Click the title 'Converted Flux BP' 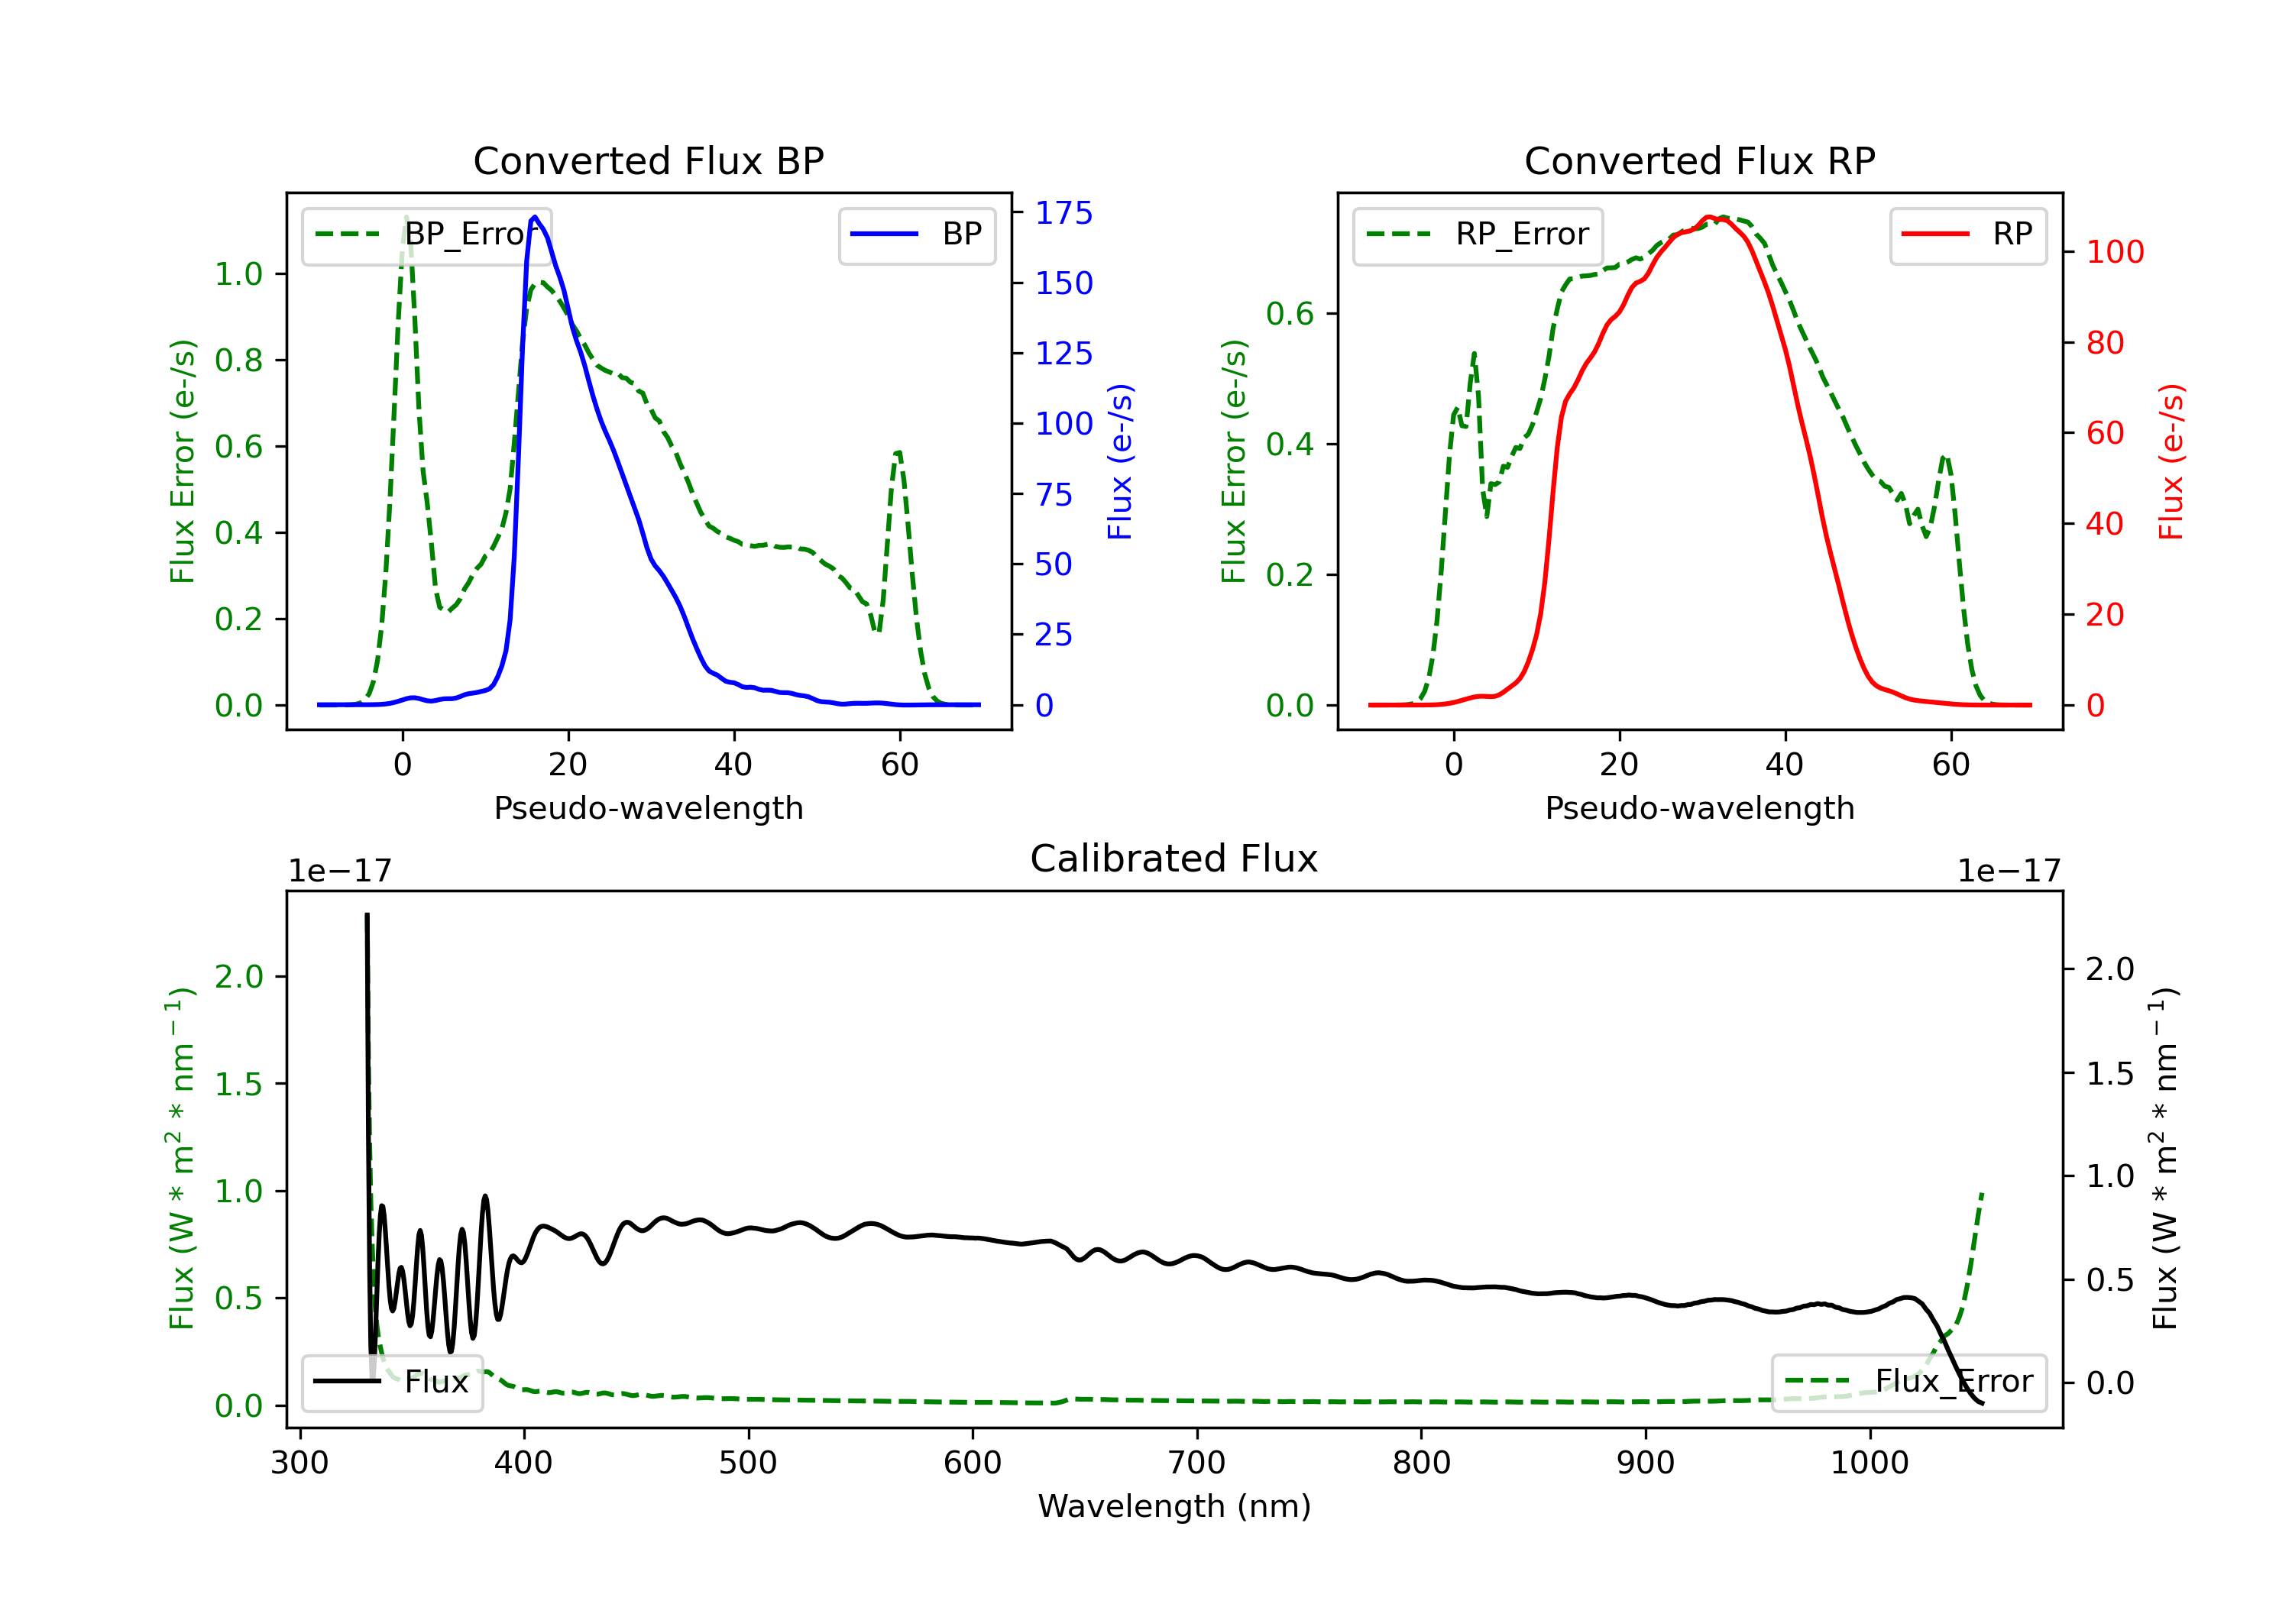click(x=648, y=160)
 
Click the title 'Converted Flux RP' click(x=1699, y=160)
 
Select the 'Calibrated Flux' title click(x=1174, y=859)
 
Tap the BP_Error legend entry click(x=426, y=234)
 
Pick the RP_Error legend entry click(x=1478, y=234)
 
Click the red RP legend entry click(x=1967, y=234)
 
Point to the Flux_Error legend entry click(x=1908, y=1382)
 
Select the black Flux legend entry click(x=391, y=1382)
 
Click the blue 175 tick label click(x=1064, y=212)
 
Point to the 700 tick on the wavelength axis click(x=1197, y=1462)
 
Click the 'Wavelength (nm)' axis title click(x=1174, y=1506)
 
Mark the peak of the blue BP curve click(x=535, y=217)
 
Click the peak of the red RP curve click(x=1708, y=217)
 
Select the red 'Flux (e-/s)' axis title click(x=2172, y=462)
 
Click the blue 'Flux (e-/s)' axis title click(x=1121, y=462)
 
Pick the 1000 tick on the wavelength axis click(x=1870, y=1462)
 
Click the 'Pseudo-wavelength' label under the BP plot click(x=649, y=807)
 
